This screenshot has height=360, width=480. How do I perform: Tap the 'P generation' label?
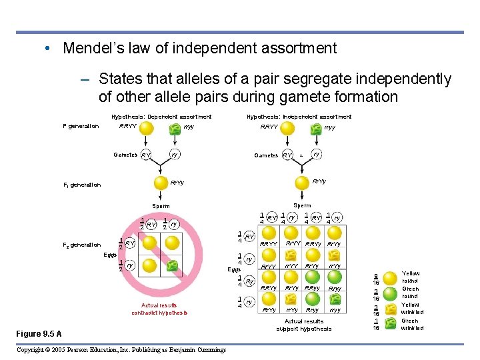tap(81, 126)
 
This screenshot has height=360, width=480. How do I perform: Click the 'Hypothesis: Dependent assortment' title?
tap(161, 117)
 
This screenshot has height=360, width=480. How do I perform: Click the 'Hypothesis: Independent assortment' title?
tap(299, 117)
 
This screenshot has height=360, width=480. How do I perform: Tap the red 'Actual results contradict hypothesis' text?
tap(159, 309)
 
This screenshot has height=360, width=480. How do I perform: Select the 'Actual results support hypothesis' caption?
tap(303, 325)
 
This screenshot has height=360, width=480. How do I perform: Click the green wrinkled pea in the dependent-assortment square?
tap(172, 267)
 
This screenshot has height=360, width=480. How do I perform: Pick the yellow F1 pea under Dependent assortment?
tap(160, 183)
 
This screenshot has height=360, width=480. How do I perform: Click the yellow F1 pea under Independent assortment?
tap(301, 183)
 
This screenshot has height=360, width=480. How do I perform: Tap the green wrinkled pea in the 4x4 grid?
tap(335, 299)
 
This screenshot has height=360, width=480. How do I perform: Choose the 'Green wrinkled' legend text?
tap(412, 324)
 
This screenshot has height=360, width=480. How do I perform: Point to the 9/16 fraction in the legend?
tap(376, 277)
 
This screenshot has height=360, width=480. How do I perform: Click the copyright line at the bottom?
tap(121, 350)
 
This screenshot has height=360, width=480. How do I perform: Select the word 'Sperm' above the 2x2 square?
tap(161, 207)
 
